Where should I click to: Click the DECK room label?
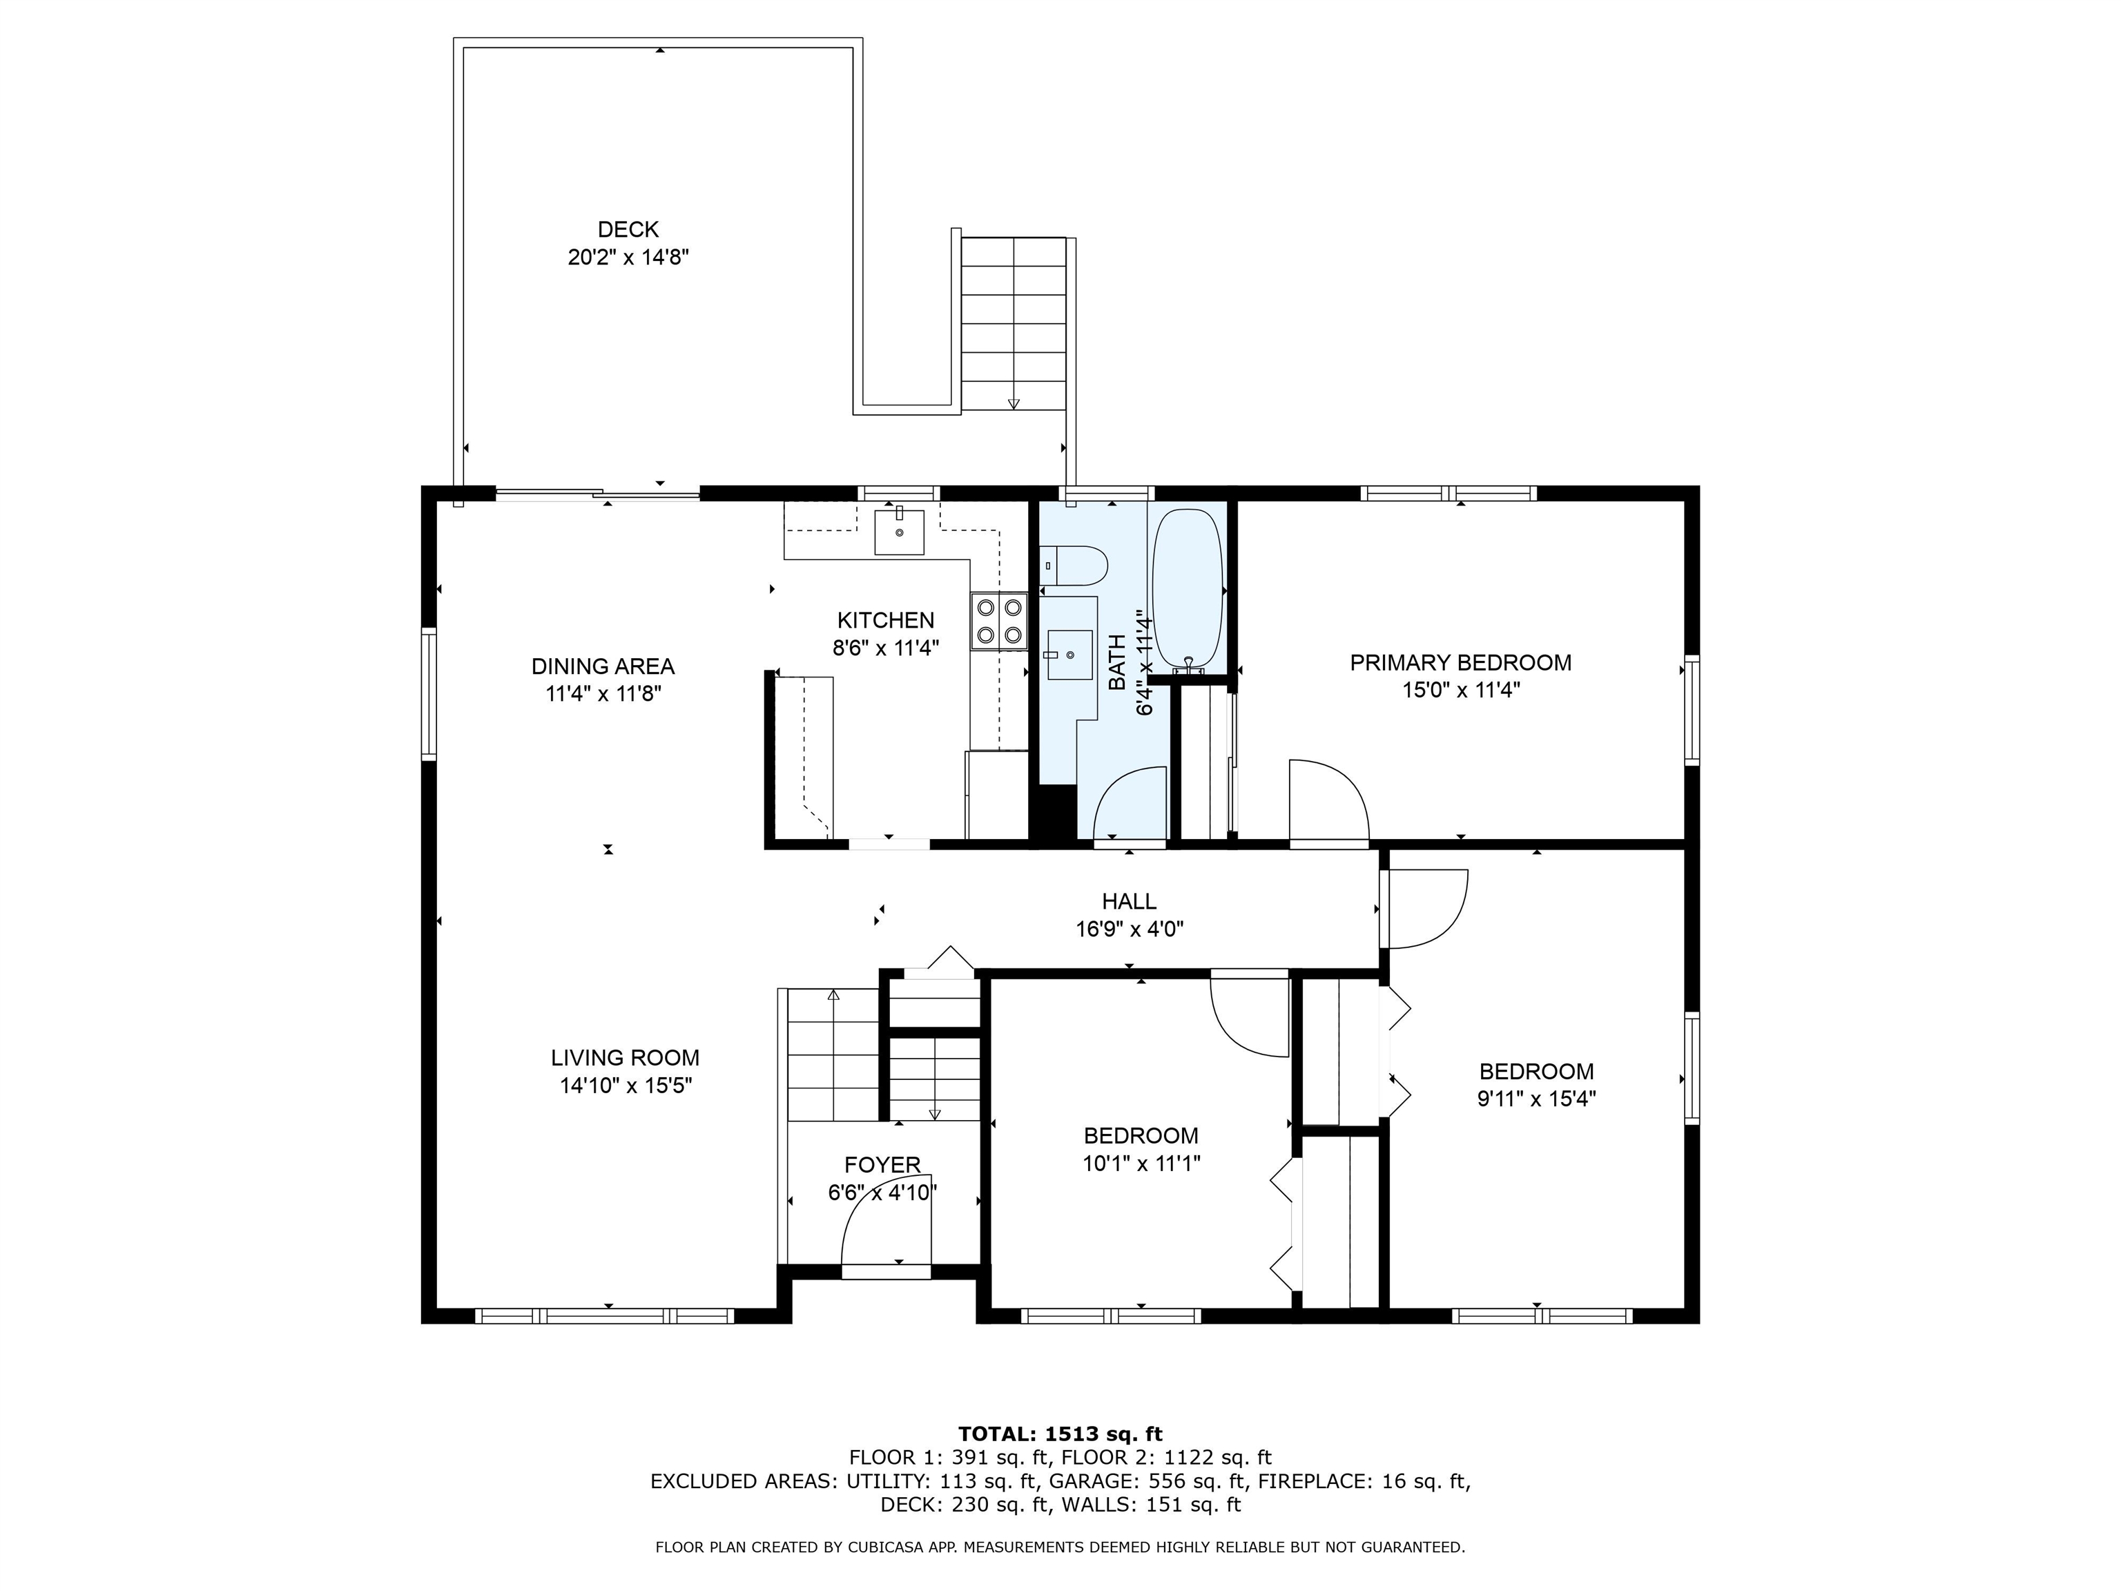(628, 229)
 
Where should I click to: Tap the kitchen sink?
(900, 532)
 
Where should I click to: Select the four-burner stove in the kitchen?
(998, 621)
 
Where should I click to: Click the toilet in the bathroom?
(1074, 566)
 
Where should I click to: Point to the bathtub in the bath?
(1188, 589)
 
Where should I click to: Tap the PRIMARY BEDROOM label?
(1460, 663)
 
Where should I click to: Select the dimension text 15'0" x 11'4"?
(1460, 691)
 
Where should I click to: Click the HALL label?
(1129, 901)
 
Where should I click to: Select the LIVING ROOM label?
(625, 1058)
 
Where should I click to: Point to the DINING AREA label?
(603, 666)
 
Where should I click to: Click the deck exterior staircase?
(1014, 323)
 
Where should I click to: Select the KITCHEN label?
(886, 621)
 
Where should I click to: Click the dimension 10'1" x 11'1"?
(1141, 1164)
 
